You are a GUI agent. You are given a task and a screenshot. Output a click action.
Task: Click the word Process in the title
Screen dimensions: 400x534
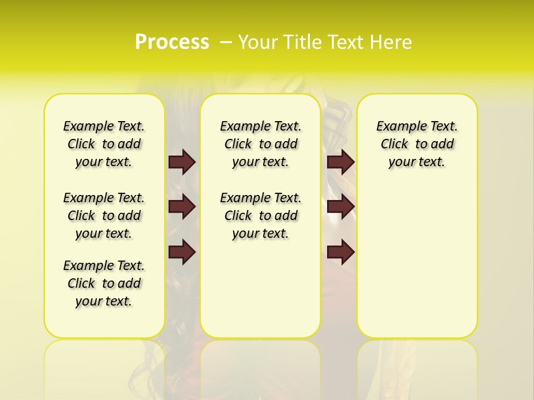tap(172, 42)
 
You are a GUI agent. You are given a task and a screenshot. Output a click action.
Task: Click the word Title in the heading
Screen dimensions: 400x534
tap(300, 42)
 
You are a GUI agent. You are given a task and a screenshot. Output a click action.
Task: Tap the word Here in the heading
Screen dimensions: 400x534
tap(392, 42)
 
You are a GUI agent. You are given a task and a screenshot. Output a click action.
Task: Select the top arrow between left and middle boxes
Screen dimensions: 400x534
tap(182, 162)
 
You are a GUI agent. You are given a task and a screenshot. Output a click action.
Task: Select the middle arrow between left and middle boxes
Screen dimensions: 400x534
tap(182, 207)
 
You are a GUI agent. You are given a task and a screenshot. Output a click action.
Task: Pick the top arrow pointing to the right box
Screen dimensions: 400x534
tap(340, 162)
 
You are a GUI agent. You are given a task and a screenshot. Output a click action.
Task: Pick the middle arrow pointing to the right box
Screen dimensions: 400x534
tap(340, 207)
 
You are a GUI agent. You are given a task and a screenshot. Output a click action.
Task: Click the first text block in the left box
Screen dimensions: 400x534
tap(104, 144)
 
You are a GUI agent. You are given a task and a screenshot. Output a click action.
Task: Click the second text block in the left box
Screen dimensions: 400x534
tap(104, 216)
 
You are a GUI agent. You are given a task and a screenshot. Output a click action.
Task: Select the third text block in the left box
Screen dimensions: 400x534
tap(104, 283)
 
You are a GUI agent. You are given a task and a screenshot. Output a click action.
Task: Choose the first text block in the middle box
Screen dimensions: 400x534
tap(260, 144)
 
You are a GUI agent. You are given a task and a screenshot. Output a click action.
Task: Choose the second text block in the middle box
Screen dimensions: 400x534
tap(260, 216)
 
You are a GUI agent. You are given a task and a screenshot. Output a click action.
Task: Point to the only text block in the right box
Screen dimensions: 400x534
tap(417, 144)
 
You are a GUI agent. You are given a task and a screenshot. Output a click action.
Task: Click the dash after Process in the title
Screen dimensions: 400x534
tap(225, 42)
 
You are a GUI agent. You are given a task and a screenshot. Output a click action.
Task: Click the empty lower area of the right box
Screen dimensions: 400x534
tap(417, 267)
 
